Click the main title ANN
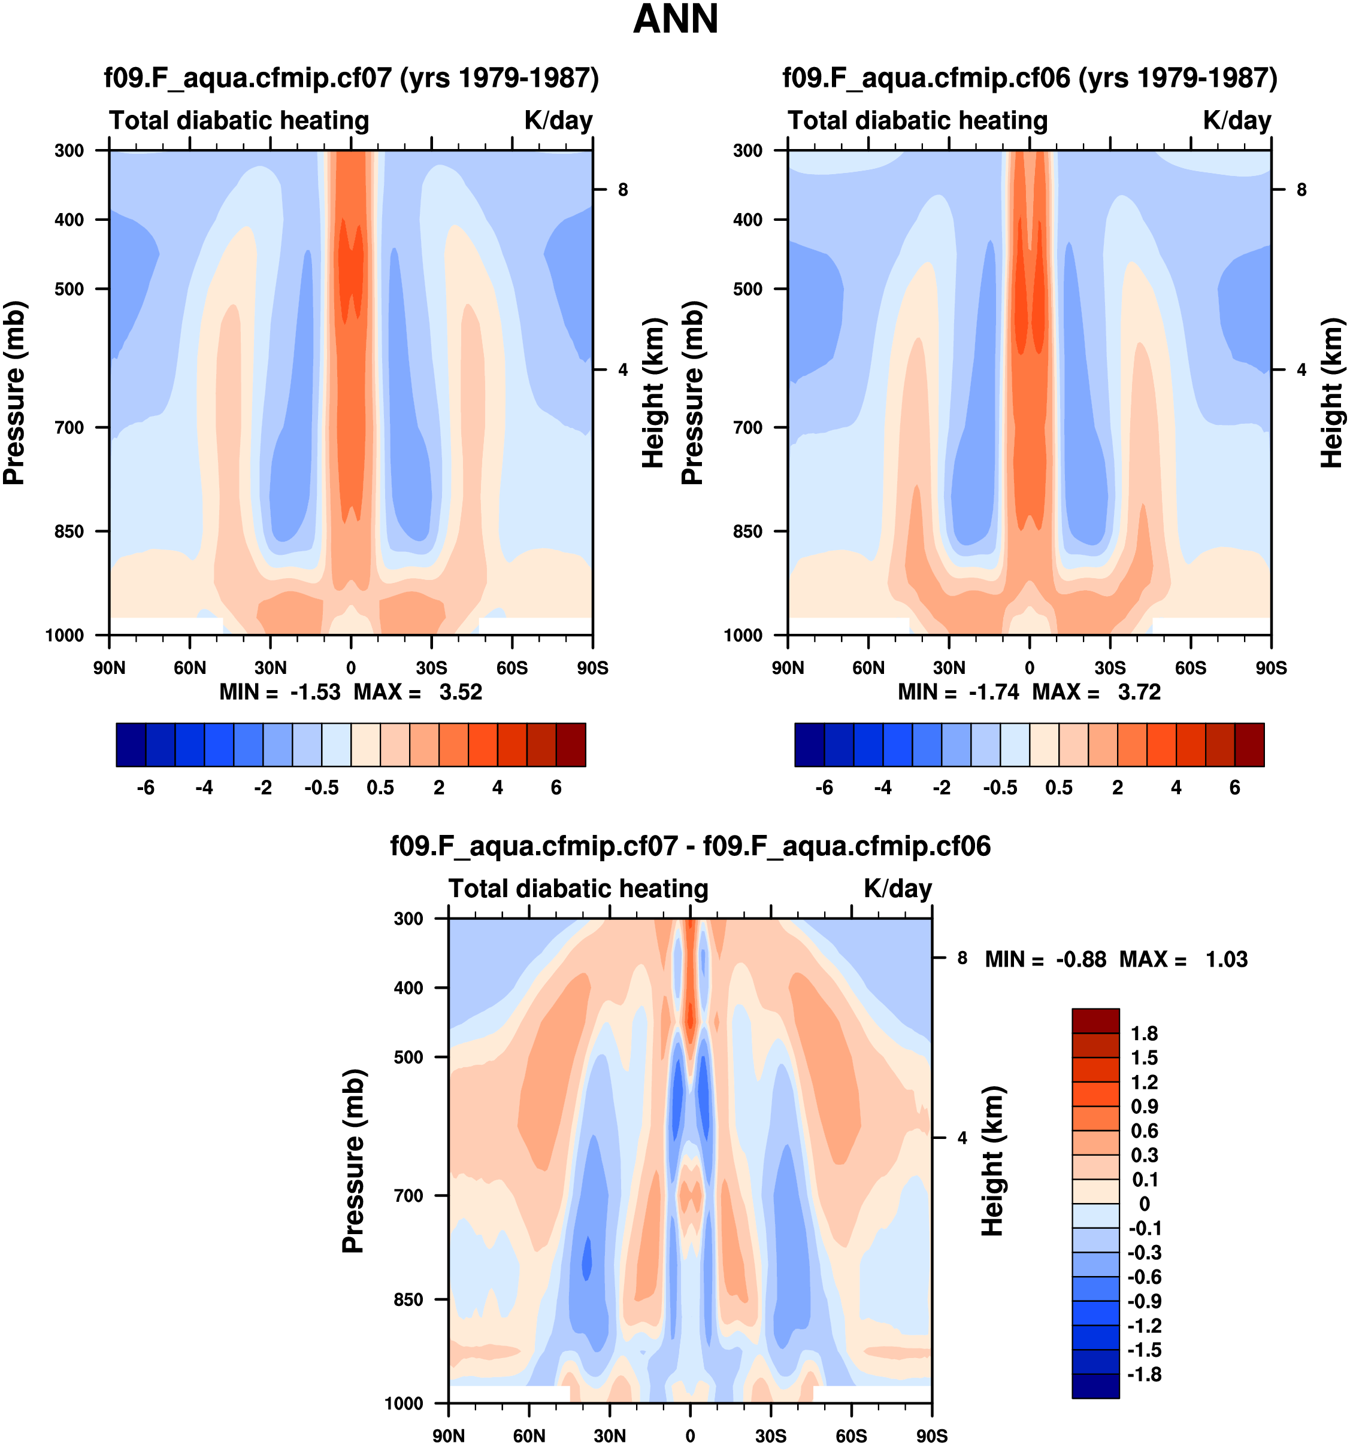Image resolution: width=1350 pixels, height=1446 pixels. pyautogui.click(x=676, y=20)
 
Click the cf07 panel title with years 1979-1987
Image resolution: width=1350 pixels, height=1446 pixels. pyautogui.click(x=352, y=78)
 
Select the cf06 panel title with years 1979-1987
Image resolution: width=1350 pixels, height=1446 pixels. pyautogui.click(x=1030, y=78)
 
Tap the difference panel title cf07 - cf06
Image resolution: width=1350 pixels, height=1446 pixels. pyautogui.click(x=690, y=846)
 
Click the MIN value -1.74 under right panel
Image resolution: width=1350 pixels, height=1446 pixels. pyautogui.click(x=994, y=692)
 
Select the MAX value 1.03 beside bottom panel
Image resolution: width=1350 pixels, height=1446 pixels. pyautogui.click(x=1226, y=959)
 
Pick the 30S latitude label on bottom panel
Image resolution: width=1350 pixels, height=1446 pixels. pyautogui.click(x=771, y=1436)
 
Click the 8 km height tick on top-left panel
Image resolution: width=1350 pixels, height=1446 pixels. pyautogui.click(x=623, y=190)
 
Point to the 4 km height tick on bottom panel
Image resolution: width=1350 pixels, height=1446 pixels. pyautogui.click(x=962, y=1138)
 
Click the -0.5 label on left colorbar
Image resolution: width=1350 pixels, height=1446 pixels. pyautogui.click(x=322, y=788)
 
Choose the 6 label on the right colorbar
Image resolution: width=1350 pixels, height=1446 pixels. pyautogui.click(x=1235, y=788)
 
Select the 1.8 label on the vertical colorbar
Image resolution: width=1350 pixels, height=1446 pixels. pyautogui.click(x=1144, y=1034)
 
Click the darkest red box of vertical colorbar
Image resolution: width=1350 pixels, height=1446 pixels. pyautogui.click(x=1095, y=1020)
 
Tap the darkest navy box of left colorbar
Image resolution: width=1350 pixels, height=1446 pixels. pyautogui.click(x=131, y=745)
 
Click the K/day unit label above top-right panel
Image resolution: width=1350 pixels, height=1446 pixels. pyautogui.click(x=1236, y=121)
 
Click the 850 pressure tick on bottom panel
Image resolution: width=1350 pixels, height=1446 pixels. pyautogui.click(x=408, y=1299)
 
